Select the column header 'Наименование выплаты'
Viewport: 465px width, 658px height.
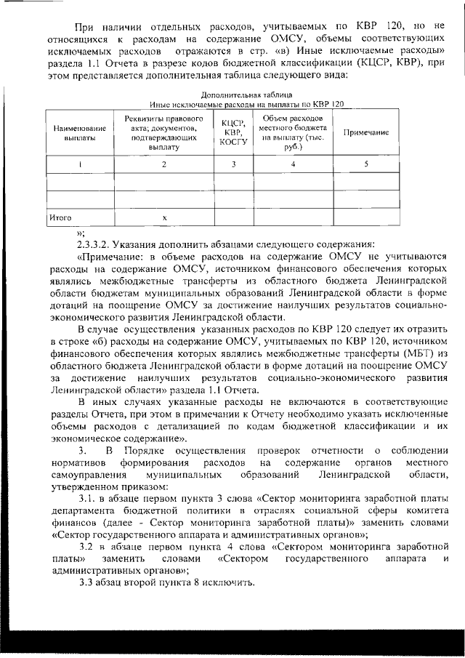pos(80,133)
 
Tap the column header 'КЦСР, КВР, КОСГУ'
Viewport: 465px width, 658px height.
pos(234,133)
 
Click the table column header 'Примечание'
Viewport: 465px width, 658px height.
pos(365,133)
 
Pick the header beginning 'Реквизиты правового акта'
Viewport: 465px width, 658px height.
pos(163,133)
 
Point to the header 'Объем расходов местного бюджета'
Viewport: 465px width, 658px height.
pos(293,132)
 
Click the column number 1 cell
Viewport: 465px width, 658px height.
pos(80,164)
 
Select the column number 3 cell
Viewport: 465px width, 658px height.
pos(234,164)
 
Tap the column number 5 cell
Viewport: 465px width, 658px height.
pos(365,164)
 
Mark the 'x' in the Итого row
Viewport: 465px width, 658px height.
pos(164,217)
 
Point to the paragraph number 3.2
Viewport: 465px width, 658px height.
pos(87,545)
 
